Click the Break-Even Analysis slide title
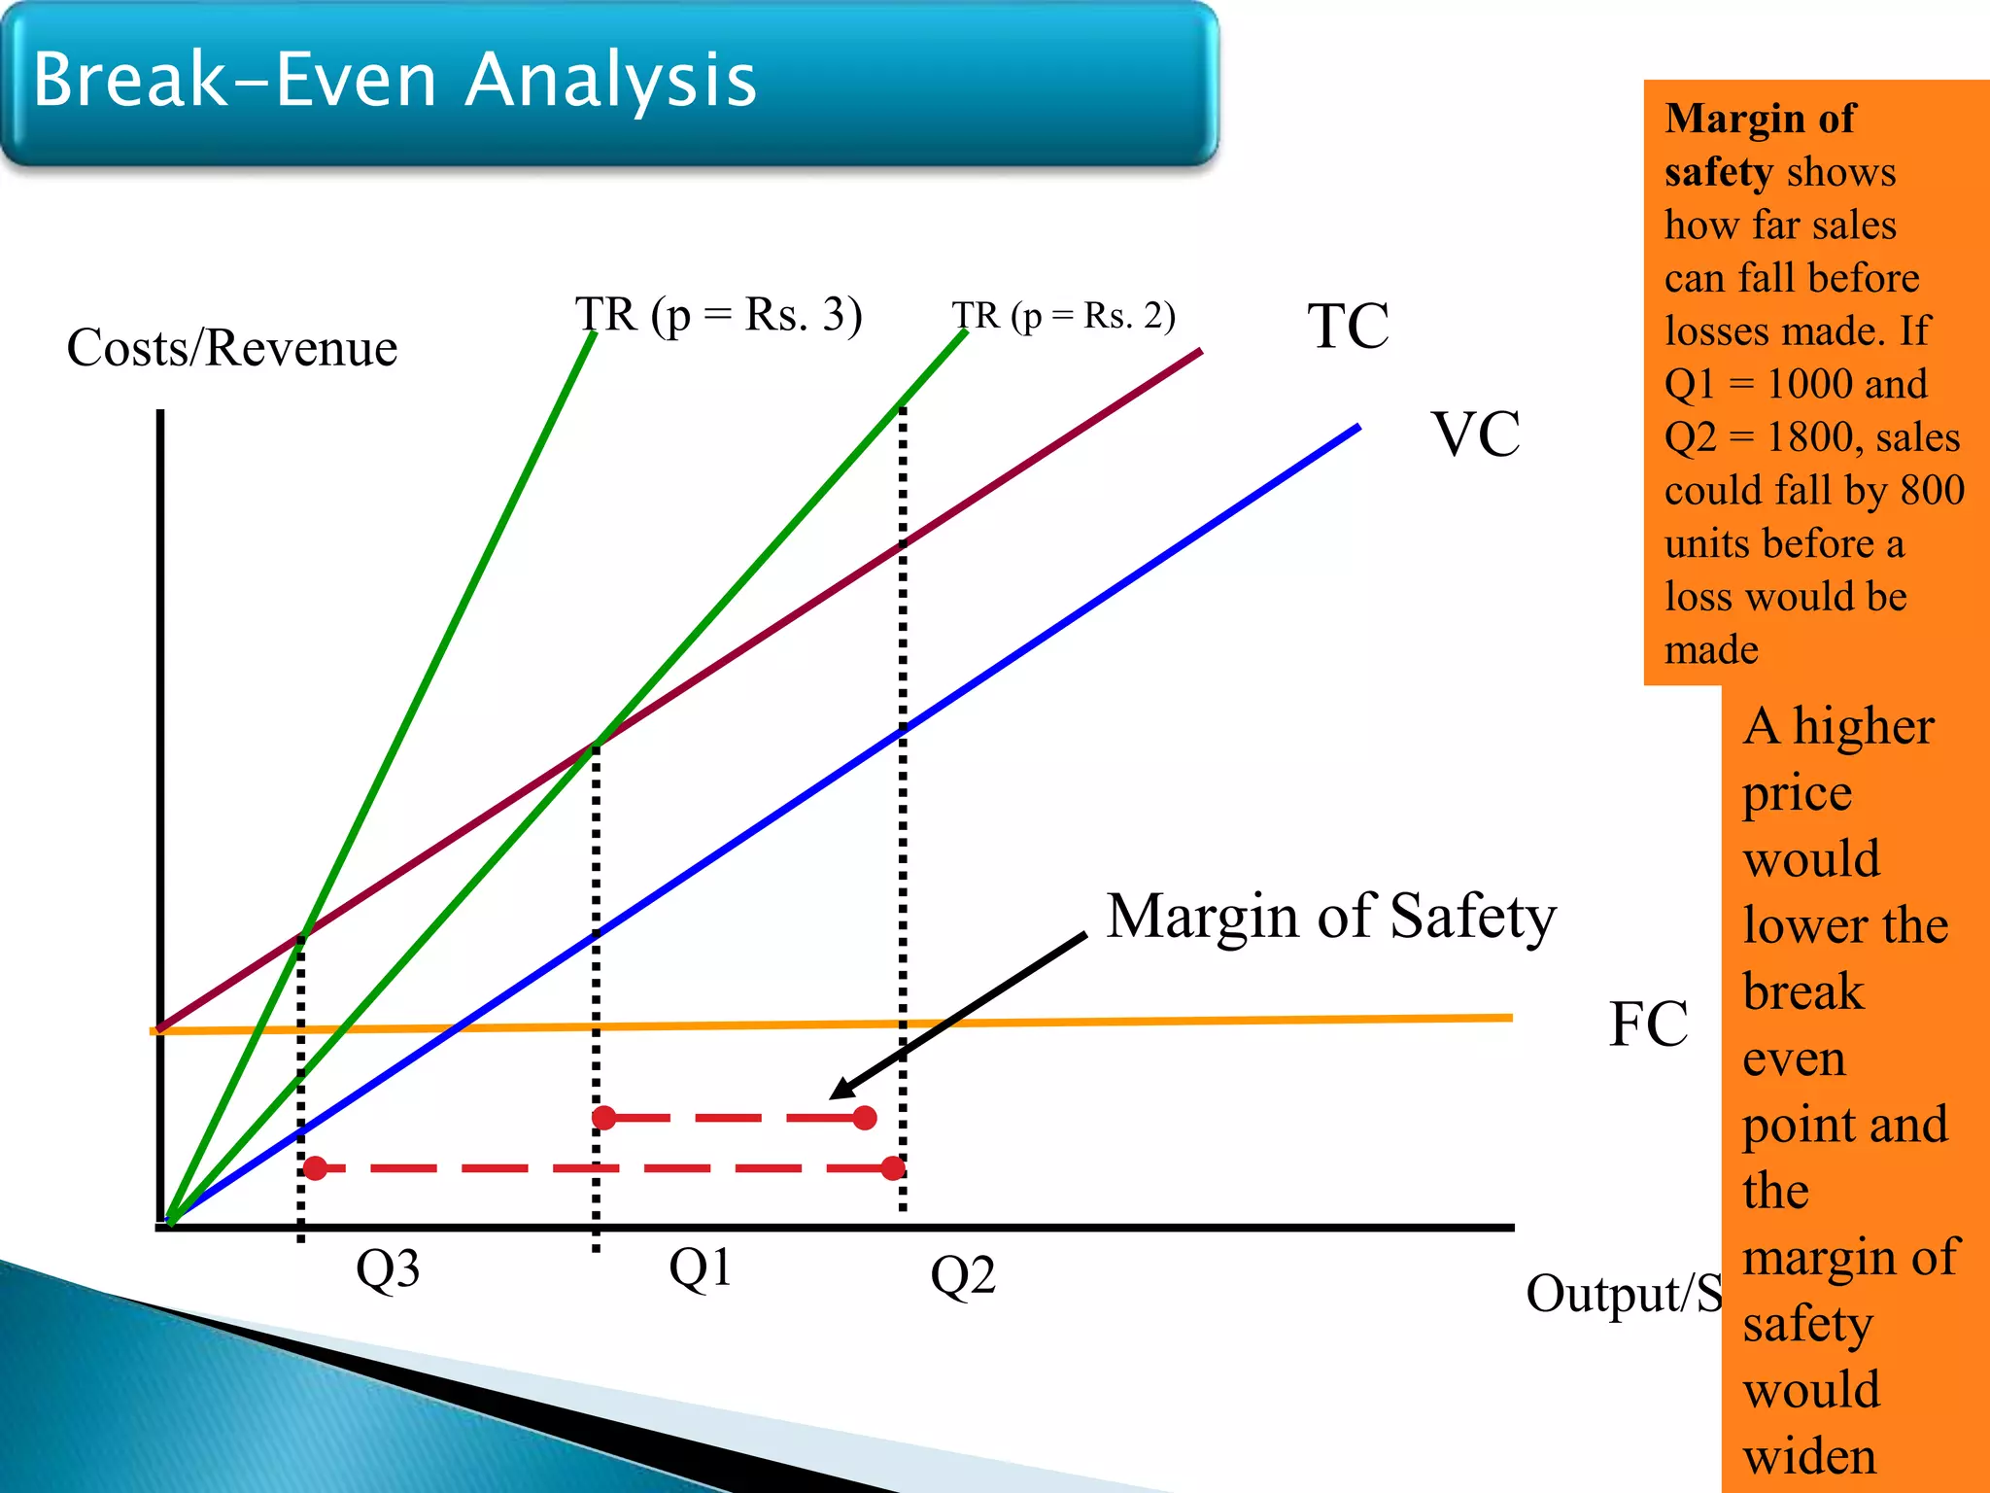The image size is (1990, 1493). click(394, 80)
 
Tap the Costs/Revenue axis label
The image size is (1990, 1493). click(232, 348)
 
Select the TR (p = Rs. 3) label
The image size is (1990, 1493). click(718, 315)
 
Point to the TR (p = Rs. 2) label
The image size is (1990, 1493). click(1063, 316)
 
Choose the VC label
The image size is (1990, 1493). click(1475, 434)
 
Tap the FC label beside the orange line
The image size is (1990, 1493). click(1648, 1024)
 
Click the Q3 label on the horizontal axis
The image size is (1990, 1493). click(387, 1268)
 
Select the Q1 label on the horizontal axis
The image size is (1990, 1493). click(700, 1267)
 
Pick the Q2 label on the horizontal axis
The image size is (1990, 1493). click(962, 1274)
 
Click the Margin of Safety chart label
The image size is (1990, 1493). click(1330, 916)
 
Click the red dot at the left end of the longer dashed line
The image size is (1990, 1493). click(315, 1167)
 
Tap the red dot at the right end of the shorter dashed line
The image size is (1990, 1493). click(865, 1118)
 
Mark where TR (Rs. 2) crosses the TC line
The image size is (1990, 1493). click(596, 746)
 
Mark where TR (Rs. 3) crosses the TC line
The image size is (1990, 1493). click(303, 935)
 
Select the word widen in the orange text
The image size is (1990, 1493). click(1809, 1456)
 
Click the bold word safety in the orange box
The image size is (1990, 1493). click(1718, 172)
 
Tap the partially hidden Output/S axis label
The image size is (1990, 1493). click(1623, 1294)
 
